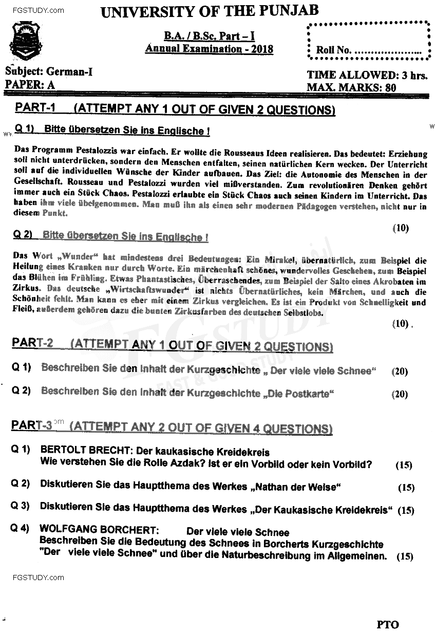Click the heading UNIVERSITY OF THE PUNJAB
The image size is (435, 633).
[210, 11]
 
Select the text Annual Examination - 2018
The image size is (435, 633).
[209, 49]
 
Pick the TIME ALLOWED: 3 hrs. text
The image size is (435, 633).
[367, 75]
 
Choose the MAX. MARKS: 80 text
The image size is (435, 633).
[351, 87]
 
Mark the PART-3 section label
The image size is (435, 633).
[32, 425]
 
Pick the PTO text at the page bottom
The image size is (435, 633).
[387, 624]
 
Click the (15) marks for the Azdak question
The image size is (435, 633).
[404, 465]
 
